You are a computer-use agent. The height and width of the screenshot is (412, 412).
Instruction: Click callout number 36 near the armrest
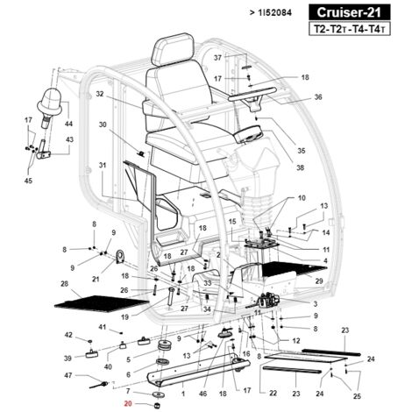(x=318, y=97)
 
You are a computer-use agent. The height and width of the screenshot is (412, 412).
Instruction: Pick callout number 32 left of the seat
(x=100, y=94)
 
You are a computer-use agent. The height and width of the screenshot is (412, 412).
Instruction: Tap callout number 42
(x=69, y=335)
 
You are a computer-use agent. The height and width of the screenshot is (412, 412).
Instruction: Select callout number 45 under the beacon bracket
(x=28, y=181)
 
